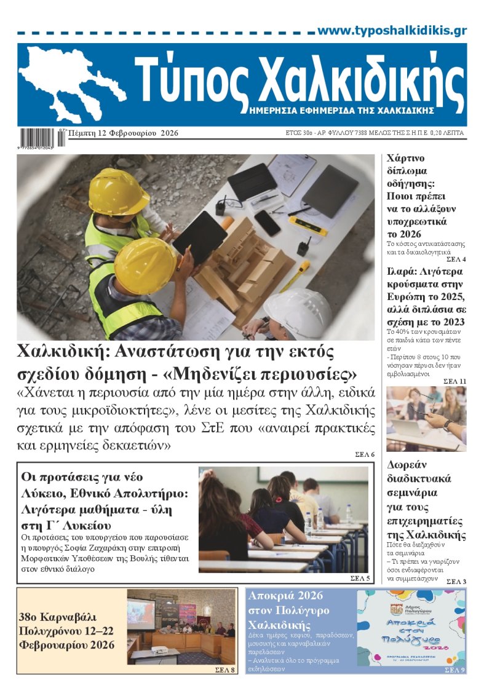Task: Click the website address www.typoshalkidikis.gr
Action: coord(392,31)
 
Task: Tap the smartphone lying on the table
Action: coord(268,223)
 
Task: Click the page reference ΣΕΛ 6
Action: coord(365,454)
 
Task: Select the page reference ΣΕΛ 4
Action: coord(456,259)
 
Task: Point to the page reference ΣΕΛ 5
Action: coord(360,579)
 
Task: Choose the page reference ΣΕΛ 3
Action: coord(456,581)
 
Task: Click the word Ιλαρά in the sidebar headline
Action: coord(400,271)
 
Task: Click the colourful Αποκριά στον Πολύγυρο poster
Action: coord(411,627)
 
